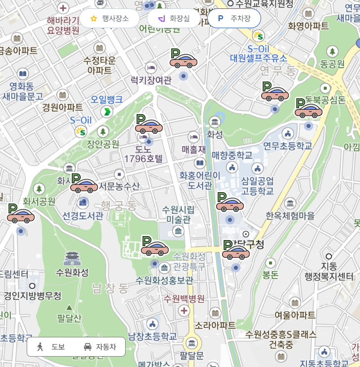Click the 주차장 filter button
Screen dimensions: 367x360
click(x=234, y=18)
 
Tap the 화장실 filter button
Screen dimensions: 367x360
click(x=174, y=18)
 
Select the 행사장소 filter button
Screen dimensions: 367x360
click(x=109, y=18)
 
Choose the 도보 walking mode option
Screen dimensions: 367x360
click(x=51, y=347)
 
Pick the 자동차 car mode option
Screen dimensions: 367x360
click(x=100, y=347)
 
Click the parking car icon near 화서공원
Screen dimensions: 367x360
click(x=20, y=215)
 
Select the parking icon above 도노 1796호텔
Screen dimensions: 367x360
click(x=148, y=126)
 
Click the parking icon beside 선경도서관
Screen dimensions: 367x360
click(x=84, y=185)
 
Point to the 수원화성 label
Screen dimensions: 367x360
click(x=72, y=272)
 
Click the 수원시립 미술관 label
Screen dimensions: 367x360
click(x=179, y=214)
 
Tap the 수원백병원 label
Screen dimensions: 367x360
click(x=184, y=299)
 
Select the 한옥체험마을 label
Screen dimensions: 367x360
click(x=290, y=216)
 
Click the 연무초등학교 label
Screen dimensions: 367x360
click(x=288, y=146)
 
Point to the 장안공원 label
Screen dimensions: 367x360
click(x=103, y=144)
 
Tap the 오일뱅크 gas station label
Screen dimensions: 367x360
click(x=106, y=99)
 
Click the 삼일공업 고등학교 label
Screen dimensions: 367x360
click(x=258, y=186)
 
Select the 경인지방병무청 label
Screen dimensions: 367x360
click(x=33, y=296)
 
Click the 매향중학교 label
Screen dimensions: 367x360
click(x=232, y=155)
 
